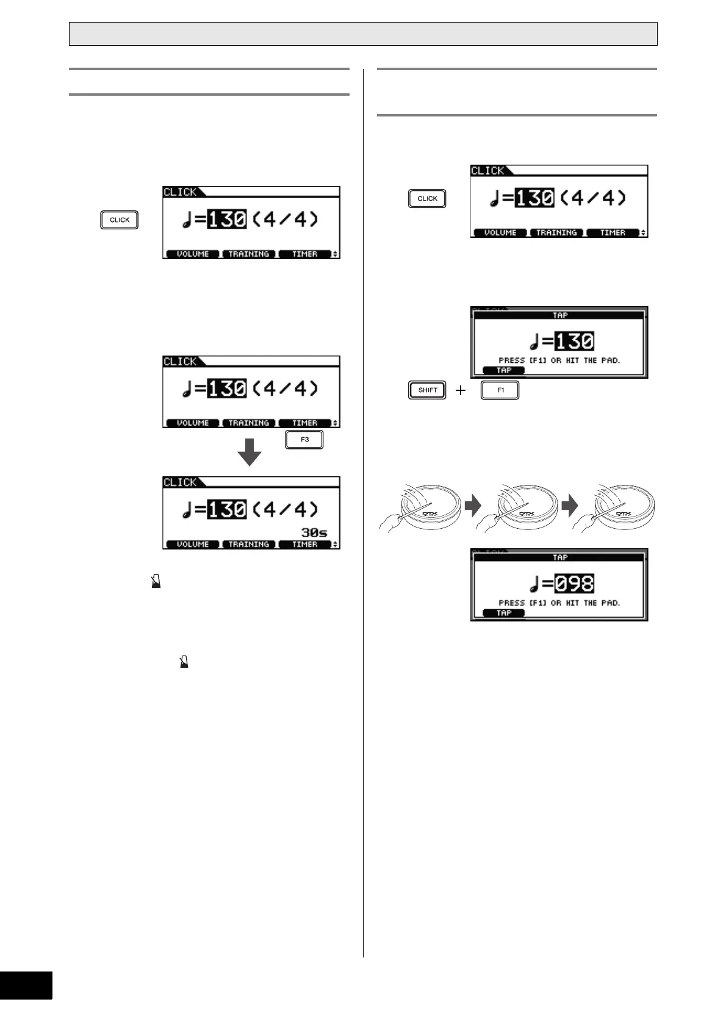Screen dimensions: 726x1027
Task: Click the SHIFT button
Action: [x=427, y=390]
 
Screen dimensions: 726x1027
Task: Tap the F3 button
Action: [x=304, y=440]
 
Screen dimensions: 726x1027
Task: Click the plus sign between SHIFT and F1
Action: [x=461, y=390]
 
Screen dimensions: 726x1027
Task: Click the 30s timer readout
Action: [x=314, y=532]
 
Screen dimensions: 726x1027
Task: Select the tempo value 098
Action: [x=574, y=584]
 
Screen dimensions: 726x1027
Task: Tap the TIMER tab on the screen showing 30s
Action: [x=304, y=544]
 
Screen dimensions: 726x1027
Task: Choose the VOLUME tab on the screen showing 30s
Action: [x=192, y=544]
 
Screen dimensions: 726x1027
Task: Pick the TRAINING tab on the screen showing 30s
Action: [x=248, y=544]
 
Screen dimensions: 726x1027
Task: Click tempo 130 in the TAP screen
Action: [x=574, y=341]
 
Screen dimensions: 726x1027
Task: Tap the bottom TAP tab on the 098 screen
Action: [x=504, y=613]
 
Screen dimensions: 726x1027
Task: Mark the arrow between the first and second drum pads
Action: [x=473, y=505]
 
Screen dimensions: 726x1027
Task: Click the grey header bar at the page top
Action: [x=363, y=34]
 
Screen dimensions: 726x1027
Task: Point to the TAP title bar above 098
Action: [x=559, y=557]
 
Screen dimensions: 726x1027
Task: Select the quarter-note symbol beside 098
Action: [x=535, y=584]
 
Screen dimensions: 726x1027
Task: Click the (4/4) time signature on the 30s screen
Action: [x=285, y=509]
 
